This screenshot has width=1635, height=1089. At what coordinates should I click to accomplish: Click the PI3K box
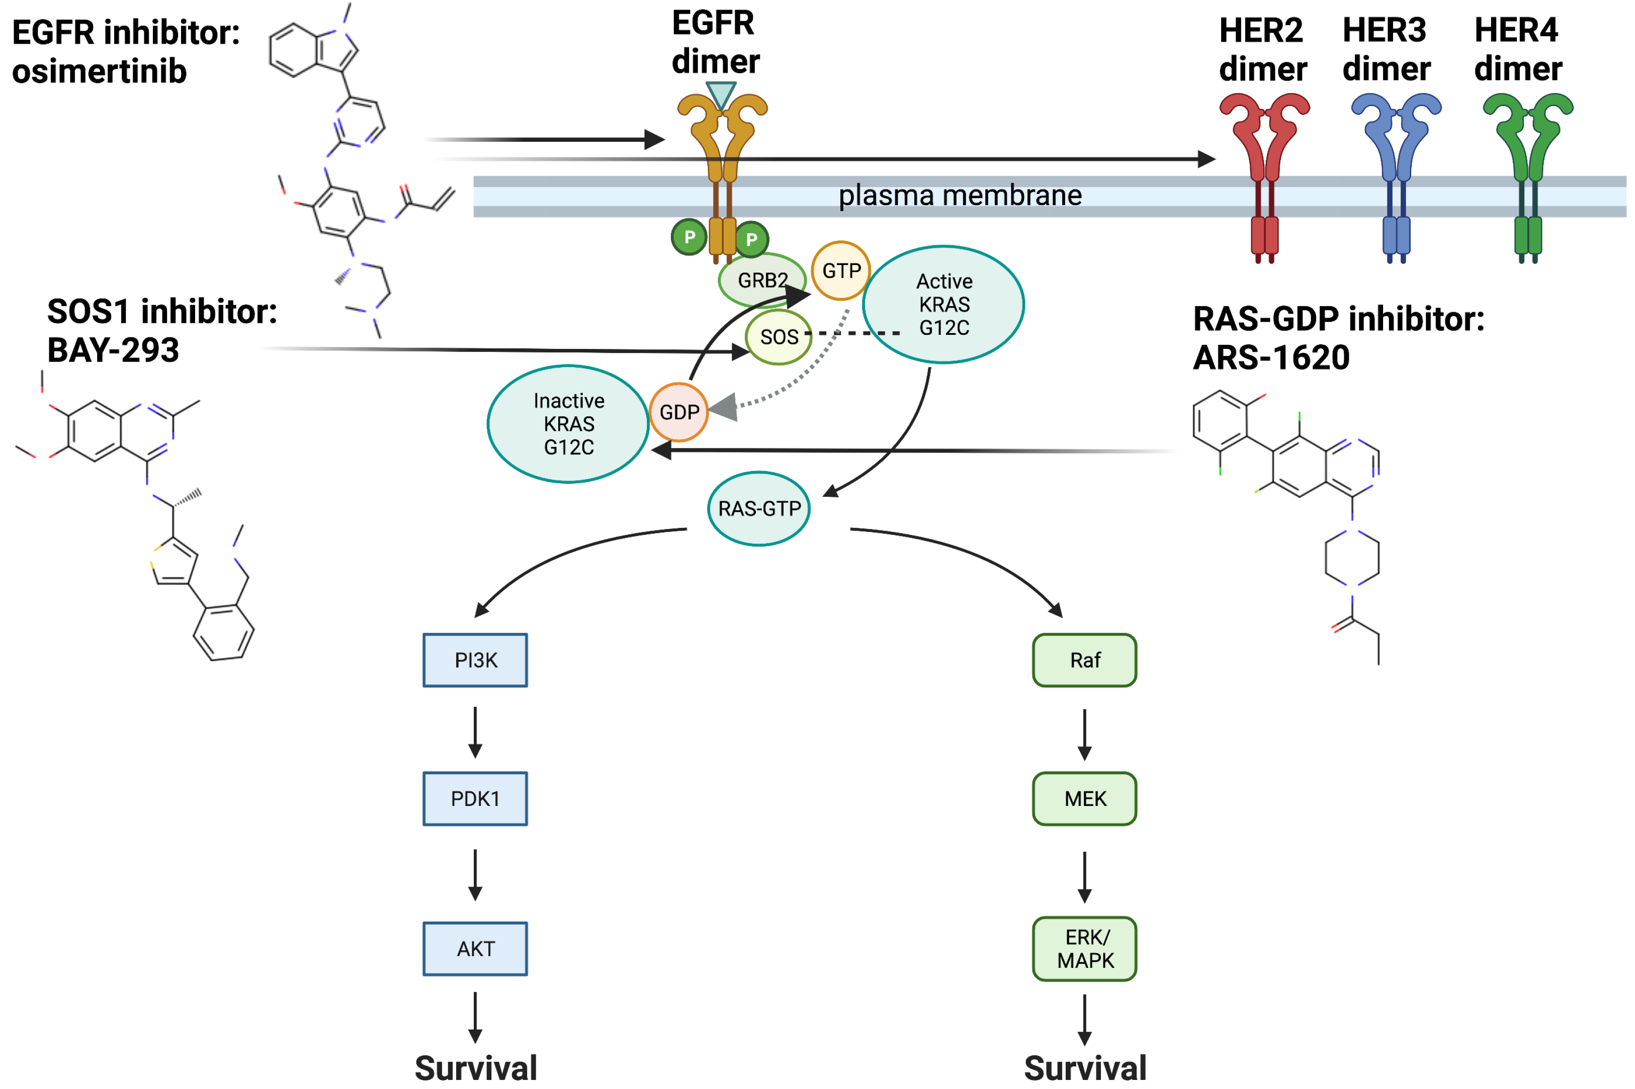coord(475,660)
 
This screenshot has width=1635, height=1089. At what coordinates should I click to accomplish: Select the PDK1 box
coord(475,799)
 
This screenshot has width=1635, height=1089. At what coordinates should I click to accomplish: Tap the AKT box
coord(475,949)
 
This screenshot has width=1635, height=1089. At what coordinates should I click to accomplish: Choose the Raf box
coord(1084,660)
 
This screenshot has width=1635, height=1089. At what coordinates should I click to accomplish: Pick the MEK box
coord(1084,799)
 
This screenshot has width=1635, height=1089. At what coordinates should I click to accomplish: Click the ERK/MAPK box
coord(1084,949)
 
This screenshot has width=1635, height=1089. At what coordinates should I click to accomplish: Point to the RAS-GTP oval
coord(758,508)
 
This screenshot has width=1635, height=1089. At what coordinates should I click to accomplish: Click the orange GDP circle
coord(678,412)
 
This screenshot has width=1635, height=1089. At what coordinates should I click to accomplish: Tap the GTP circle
coord(841,270)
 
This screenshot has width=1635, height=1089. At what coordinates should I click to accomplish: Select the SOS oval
coord(778,337)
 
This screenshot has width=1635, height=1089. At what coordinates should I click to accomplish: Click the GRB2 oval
coord(762,280)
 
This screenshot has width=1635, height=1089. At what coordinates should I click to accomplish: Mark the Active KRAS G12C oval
coord(943,304)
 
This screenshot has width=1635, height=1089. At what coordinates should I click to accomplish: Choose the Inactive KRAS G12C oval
coord(568,424)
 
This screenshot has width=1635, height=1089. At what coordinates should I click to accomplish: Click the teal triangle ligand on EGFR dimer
coord(721,94)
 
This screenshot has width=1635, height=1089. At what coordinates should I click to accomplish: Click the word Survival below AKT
coord(476,1068)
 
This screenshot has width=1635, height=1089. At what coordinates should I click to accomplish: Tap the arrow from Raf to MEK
coord(1084,734)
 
